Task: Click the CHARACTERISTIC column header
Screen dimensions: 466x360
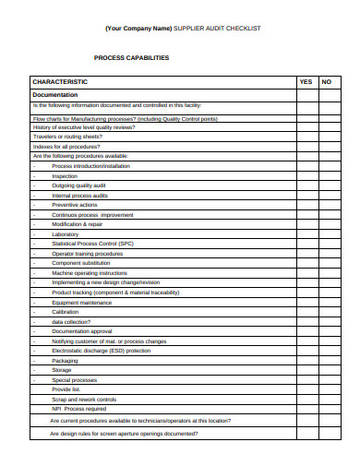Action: (60, 82)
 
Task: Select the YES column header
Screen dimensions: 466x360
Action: (306, 82)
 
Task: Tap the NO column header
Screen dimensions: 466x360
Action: (326, 82)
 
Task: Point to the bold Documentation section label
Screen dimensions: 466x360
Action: (55, 95)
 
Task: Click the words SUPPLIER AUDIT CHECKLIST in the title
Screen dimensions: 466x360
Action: (217, 29)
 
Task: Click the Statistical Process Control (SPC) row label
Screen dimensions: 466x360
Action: (93, 244)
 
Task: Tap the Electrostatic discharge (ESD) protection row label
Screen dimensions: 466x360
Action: (102, 351)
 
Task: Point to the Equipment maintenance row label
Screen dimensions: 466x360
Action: (82, 302)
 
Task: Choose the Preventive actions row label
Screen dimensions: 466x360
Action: (75, 205)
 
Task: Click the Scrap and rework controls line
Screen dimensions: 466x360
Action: (84, 400)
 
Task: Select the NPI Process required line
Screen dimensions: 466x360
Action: (79, 409)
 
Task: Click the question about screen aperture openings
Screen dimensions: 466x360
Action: (124, 433)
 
